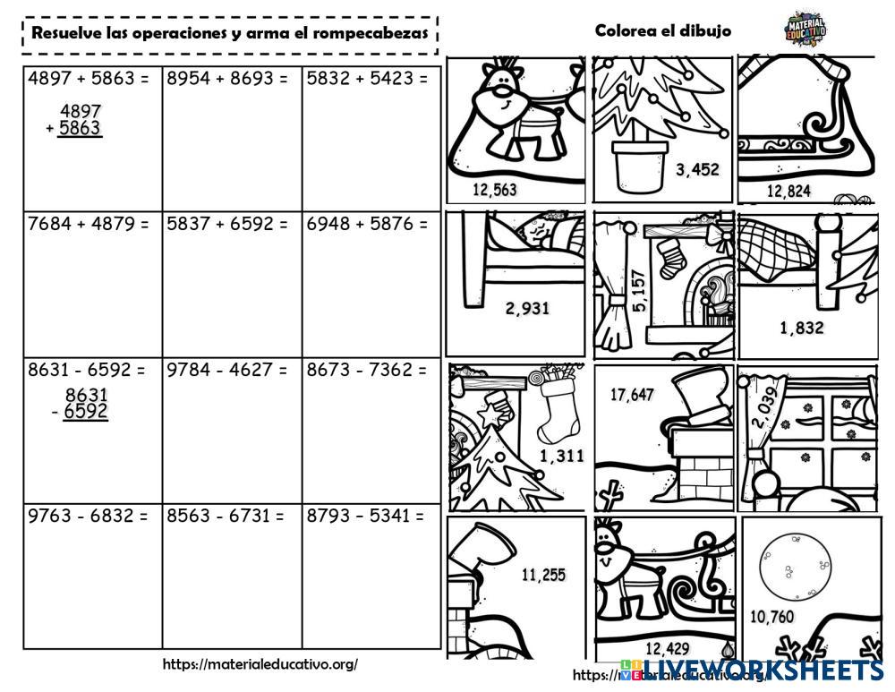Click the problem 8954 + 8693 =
click(227, 79)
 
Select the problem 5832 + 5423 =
click(367, 79)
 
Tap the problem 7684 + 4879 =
click(89, 224)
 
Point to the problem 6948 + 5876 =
click(367, 224)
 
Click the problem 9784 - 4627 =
click(227, 370)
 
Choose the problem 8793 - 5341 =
click(367, 516)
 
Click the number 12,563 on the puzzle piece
click(494, 190)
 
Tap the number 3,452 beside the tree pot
click(696, 169)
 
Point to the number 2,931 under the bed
click(527, 309)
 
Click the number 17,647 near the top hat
click(632, 395)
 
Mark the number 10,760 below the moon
click(771, 616)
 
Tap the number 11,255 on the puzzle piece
click(543, 575)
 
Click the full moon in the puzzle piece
click(795, 567)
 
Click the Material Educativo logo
click(804, 29)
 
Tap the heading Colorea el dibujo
click(662, 30)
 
